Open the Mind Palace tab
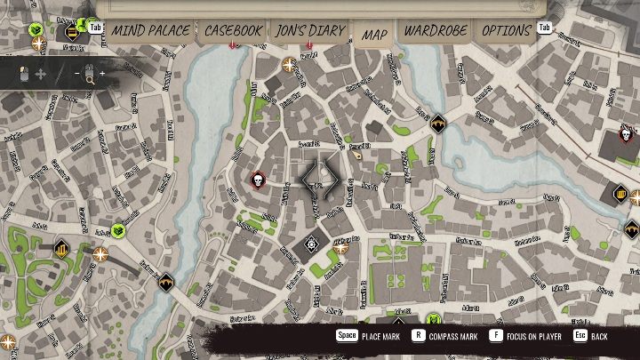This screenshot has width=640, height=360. pos(150,30)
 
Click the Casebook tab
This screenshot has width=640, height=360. pos(234,30)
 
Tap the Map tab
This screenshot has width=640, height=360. pos(374,34)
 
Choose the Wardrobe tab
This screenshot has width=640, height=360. pos(436,30)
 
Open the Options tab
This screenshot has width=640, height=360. pos(506,30)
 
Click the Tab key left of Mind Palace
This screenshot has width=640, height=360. pos(96,28)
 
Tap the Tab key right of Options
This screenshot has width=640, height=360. pos(544,28)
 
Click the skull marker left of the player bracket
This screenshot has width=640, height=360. pos(258,180)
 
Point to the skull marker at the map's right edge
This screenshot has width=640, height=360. pos(626,135)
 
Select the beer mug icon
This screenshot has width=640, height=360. pos(620,192)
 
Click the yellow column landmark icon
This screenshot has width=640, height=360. pos(61,248)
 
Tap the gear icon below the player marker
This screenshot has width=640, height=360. pos(312,243)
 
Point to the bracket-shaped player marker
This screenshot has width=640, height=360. pos(320,177)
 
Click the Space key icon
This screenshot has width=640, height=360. pos(347,337)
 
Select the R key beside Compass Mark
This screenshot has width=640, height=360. pos(418,337)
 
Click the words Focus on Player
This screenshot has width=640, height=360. pos(531,337)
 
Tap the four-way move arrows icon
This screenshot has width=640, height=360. pos(40,75)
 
